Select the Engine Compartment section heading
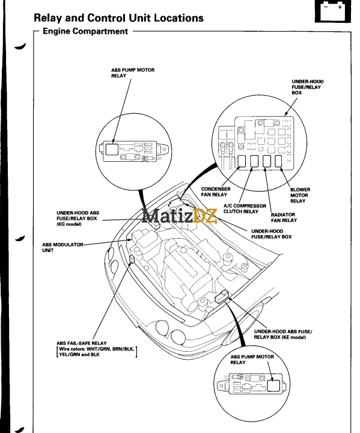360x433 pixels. click(x=85, y=31)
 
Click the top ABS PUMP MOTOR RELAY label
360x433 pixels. click(x=133, y=73)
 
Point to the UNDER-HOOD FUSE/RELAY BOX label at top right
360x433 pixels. click(x=306, y=87)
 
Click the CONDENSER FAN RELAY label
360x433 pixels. click(x=214, y=191)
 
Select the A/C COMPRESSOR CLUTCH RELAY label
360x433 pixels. click(x=240, y=209)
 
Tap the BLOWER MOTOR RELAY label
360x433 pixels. click(x=300, y=195)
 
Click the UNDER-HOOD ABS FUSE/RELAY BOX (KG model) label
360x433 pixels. click(x=78, y=218)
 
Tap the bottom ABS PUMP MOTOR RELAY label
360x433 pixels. click(x=252, y=360)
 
